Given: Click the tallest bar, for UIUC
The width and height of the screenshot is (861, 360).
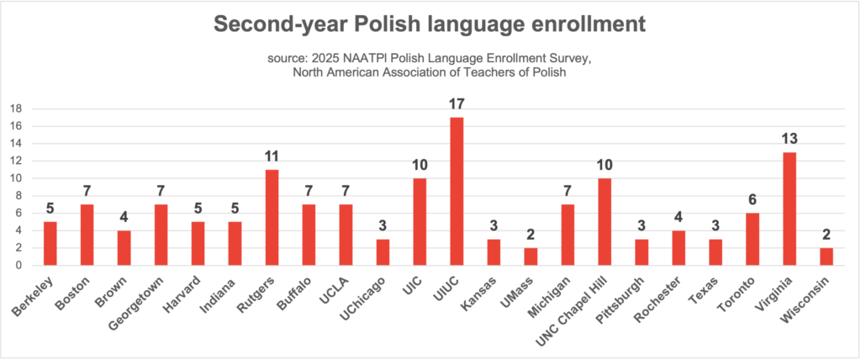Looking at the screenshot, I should pos(457,191).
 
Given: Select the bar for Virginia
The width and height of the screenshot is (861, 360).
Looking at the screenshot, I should pos(790,209).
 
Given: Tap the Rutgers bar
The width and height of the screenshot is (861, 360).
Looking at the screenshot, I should pos(272,217).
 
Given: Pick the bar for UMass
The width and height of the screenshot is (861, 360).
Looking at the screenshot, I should pos(531,256).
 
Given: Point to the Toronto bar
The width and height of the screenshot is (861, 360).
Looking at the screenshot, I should pos(753,239).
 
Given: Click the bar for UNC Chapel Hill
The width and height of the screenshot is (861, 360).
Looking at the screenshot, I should pos(605,221).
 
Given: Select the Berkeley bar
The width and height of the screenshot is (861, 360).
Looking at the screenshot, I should pos(50,243).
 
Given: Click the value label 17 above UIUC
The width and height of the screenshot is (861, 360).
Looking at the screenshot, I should pos(457,105).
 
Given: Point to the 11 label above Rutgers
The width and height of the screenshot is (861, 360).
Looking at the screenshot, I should pos(272,157).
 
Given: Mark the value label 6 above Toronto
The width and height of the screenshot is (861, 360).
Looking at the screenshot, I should pos(753,201).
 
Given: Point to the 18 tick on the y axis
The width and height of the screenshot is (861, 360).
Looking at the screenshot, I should pos(15,109).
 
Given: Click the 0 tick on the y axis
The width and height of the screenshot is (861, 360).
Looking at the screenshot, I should pos(18,265).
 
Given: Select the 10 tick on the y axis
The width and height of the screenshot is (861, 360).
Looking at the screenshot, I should pos(15,178).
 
